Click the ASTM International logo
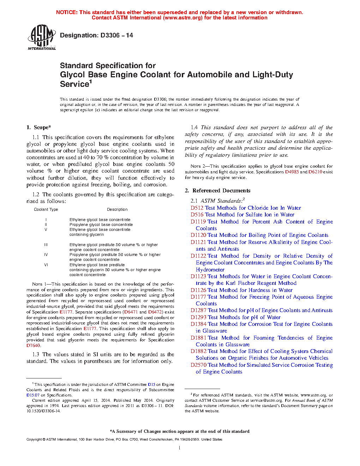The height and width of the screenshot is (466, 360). pyautogui.click(x=41, y=37)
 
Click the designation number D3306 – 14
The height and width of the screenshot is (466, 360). pyautogui.click(x=117, y=35)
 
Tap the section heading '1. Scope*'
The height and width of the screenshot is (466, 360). pyautogui.click(x=39, y=127)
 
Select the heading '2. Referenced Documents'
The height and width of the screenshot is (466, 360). pyautogui.click(x=218, y=191)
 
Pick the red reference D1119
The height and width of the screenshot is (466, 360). pyautogui.click(x=198, y=222)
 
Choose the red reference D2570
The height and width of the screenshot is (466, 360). pyautogui.click(x=198, y=365)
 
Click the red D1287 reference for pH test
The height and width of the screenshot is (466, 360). pyautogui.click(x=198, y=310)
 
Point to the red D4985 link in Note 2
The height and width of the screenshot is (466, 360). pyautogui.click(x=292, y=172)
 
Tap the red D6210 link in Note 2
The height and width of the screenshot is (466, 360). pyautogui.click(x=315, y=172)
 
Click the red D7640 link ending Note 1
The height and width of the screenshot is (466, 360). pyautogui.click(x=33, y=346)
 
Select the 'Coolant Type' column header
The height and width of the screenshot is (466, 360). pyautogui.click(x=46, y=209)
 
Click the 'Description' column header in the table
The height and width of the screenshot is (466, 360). pyautogui.click(x=117, y=209)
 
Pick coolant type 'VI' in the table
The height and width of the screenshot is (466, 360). pyautogui.click(x=46, y=265)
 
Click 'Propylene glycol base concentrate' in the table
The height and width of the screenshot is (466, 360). pyautogui.click(x=101, y=225)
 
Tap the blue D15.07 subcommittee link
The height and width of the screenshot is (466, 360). pyautogui.click(x=33, y=395)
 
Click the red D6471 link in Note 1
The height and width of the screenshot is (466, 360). pyautogui.click(x=131, y=312)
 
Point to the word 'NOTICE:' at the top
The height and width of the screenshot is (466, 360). pyautogui.click(x=67, y=12)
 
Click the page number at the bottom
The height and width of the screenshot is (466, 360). pyautogui.click(x=180, y=448)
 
